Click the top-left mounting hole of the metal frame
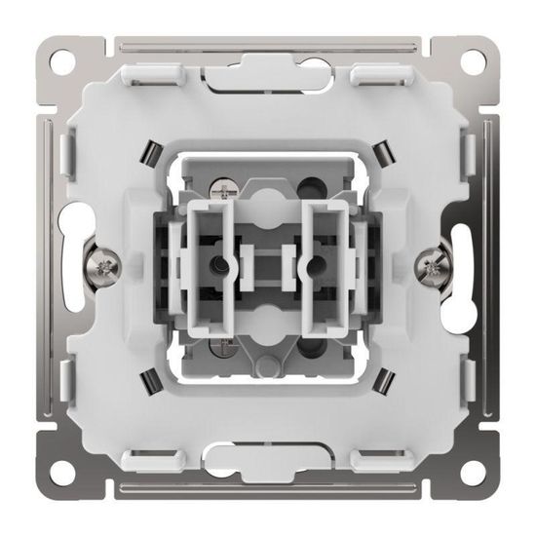coord(62,60)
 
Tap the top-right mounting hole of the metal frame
coord(473,60)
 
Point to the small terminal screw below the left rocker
coord(222,347)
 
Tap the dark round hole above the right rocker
coord(315,185)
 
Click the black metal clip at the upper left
coord(153,152)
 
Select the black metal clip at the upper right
coord(383,152)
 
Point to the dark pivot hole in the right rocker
coord(316,265)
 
